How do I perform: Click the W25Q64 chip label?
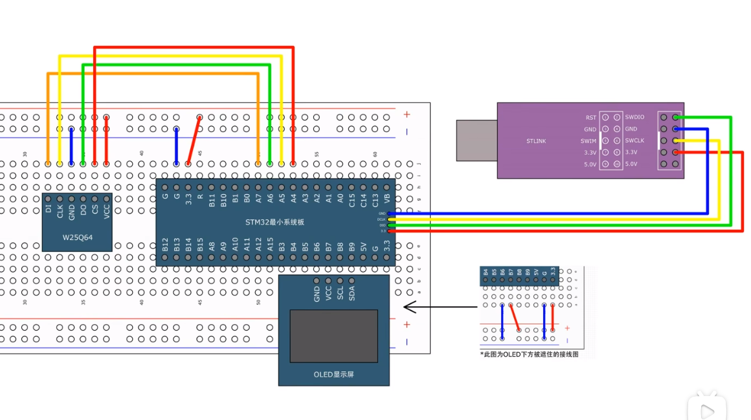pyautogui.click(x=77, y=238)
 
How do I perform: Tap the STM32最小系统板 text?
pyautogui.click(x=275, y=223)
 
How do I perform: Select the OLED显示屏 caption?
pyautogui.click(x=333, y=375)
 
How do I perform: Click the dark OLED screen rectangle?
pyautogui.click(x=333, y=336)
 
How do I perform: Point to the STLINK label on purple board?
pyautogui.click(x=536, y=141)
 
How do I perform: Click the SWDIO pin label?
pyautogui.click(x=634, y=118)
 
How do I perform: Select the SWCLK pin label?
pyautogui.click(x=634, y=141)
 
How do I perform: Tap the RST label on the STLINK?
pyautogui.click(x=590, y=118)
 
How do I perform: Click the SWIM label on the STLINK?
pyautogui.click(x=588, y=141)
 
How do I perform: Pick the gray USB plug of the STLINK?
pyautogui.click(x=477, y=140)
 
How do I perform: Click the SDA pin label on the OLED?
pyautogui.click(x=352, y=294)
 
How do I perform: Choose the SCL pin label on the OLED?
pyautogui.click(x=340, y=294)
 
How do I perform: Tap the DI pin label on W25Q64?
pyautogui.click(x=48, y=208)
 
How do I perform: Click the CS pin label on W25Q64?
pyautogui.click(x=95, y=208)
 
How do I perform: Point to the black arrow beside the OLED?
pyautogui.click(x=440, y=307)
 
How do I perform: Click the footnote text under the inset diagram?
pyautogui.click(x=529, y=355)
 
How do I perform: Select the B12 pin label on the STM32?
pyautogui.click(x=165, y=245)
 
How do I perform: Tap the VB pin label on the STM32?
pyautogui.click(x=387, y=199)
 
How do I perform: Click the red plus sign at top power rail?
pyautogui.click(x=407, y=115)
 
